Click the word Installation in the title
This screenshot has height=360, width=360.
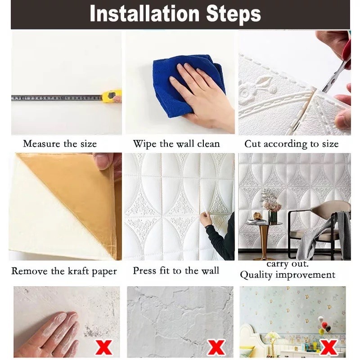coord(145,14)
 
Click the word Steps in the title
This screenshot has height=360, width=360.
coord(234,15)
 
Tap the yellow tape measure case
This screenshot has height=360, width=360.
coord(112,96)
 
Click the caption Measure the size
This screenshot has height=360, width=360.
coord(60,144)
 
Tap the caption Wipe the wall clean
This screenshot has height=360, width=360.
coord(176,144)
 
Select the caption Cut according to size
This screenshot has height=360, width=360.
coord(291,144)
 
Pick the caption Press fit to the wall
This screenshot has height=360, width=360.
coord(176,271)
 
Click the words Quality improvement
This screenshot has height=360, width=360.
coord(288,275)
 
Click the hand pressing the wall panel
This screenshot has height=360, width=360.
coord(206,219)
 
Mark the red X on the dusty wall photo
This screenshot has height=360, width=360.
coord(104,347)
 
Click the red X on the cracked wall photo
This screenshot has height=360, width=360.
coord(216,347)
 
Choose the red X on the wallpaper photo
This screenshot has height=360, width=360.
coord(329,347)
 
